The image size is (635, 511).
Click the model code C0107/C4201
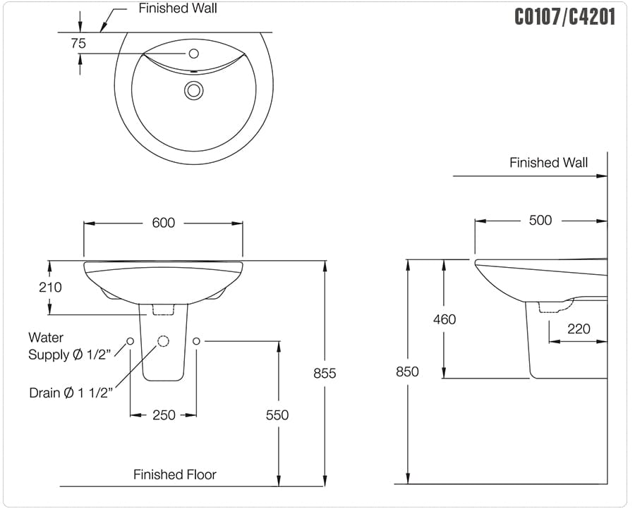click(x=564, y=16)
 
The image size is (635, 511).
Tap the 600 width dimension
click(x=163, y=223)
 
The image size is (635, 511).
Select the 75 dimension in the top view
click(x=78, y=43)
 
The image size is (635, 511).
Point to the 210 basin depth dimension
click(x=50, y=288)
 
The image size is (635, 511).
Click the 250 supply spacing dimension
click(x=164, y=415)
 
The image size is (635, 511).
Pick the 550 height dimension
click(x=277, y=415)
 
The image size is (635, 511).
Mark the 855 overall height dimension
click(x=325, y=374)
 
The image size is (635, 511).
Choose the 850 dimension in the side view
click(x=407, y=371)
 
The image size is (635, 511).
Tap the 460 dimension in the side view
click(x=445, y=319)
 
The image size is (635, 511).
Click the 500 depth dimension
click(x=540, y=220)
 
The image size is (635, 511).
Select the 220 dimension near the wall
click(x=579, y=328)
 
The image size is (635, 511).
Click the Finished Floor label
click(x=175, y=474)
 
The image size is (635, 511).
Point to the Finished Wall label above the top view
click(x=177, y=8)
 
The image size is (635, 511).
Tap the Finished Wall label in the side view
click(x=548, y=163)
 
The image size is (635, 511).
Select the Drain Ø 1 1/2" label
click(x=71, y=393)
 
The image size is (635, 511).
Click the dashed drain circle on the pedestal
click(x=163, y=341)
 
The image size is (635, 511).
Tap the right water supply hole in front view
click(x=196, y=341)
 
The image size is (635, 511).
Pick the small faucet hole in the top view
click(x=194, y=53)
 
